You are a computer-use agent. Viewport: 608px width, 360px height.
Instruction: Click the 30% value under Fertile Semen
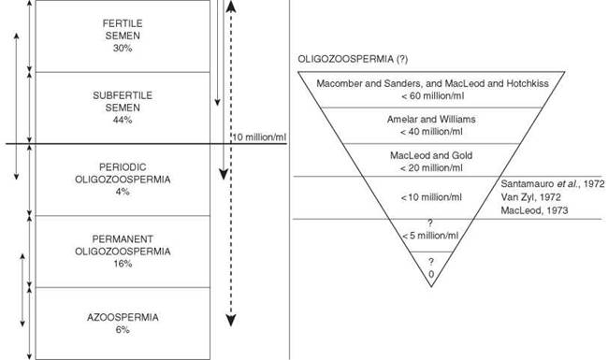[x=123, y=48]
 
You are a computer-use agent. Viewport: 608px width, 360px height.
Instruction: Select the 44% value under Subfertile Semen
[x=123, y=120]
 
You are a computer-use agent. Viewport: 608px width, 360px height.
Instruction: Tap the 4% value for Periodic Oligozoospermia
[x=123, y=192]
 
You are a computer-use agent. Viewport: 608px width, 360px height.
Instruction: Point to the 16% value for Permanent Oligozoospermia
[x=123, y=264]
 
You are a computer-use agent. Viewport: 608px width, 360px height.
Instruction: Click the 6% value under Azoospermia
[x=123, y=330]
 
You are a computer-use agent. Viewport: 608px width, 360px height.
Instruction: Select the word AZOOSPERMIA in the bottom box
[x=123, y=317]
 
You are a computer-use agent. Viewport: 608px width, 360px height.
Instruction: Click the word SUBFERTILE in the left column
[x=123, y=95]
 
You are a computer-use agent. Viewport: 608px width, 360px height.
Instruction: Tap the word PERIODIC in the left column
[x=123, y=167]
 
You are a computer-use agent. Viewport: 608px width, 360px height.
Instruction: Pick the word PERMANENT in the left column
[x=123, y=238]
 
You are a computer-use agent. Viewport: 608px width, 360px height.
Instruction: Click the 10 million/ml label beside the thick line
[x=259, y=137]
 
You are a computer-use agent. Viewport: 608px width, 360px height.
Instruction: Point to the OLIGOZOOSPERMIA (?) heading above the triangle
[x=353, y=59]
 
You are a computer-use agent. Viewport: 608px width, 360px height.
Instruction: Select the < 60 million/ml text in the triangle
[x=432, y=95]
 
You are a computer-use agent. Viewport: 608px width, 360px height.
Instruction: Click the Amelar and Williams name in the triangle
[x=431, y=120]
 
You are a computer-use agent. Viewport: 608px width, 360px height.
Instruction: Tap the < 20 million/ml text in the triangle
[x=431, y=167]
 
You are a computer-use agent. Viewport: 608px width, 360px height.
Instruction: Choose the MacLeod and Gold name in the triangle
[x=431, y=155]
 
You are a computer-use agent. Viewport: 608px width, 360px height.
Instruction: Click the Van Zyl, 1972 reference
[x=531, y=197]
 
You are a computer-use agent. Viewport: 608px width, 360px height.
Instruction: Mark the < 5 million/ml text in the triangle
[x=430, y=236]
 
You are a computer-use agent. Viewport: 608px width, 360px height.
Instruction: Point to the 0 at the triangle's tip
[x=431, y=274]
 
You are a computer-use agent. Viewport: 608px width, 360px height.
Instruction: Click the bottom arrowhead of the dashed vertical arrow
[x=231, y=321]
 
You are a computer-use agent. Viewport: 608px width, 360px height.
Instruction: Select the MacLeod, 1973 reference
[x=534, y=210]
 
